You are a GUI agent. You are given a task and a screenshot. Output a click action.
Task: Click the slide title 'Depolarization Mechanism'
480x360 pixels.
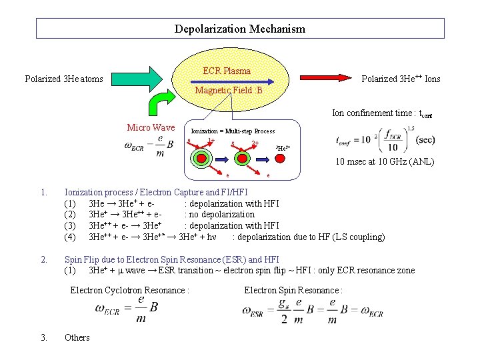point(240,29)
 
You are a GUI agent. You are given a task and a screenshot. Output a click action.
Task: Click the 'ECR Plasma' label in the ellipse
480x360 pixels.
point(227,71)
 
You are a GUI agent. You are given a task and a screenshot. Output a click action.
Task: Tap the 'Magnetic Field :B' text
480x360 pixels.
point(229,90)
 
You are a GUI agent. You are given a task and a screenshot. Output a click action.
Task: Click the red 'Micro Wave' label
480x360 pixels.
point(151,127)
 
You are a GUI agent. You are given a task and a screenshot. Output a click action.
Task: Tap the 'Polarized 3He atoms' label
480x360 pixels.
point(64,79)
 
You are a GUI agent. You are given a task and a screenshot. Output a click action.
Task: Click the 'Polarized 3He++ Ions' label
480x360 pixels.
point(401,79)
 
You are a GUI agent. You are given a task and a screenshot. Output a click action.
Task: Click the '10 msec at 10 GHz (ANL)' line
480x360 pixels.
point(385,161)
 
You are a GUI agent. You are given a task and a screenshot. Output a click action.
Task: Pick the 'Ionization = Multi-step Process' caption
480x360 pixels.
point(233,131)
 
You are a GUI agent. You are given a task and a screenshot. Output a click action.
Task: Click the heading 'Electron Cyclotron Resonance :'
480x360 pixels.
point(130,290)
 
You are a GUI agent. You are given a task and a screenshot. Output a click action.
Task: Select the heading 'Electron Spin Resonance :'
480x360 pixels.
point(293,290)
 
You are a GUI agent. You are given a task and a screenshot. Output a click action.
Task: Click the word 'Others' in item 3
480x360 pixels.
point(77,337)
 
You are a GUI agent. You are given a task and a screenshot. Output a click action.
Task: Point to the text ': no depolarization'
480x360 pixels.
point(219,215)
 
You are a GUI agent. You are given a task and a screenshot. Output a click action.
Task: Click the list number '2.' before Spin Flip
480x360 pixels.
point(44,259)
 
